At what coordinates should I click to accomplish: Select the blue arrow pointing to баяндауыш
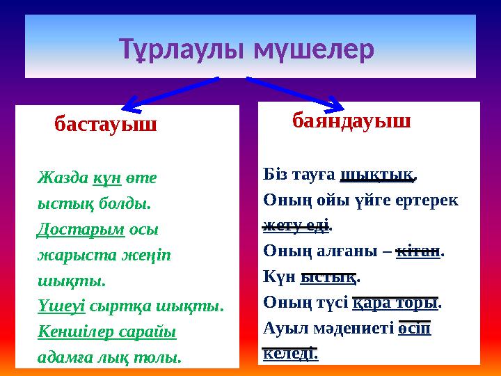click(296, 93)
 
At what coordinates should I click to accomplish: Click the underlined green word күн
click(108, 178)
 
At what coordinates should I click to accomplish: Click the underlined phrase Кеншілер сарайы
click(106, 331)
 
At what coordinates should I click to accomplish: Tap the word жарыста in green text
click(67, 255)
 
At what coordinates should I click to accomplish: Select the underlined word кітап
click(417, 251)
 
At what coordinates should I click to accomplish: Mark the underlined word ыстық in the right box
click(328, 276)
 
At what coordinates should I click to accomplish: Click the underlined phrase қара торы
click(396, 302)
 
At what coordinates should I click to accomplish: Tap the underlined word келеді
click(291, 353)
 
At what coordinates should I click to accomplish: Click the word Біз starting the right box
click(278, 174)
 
